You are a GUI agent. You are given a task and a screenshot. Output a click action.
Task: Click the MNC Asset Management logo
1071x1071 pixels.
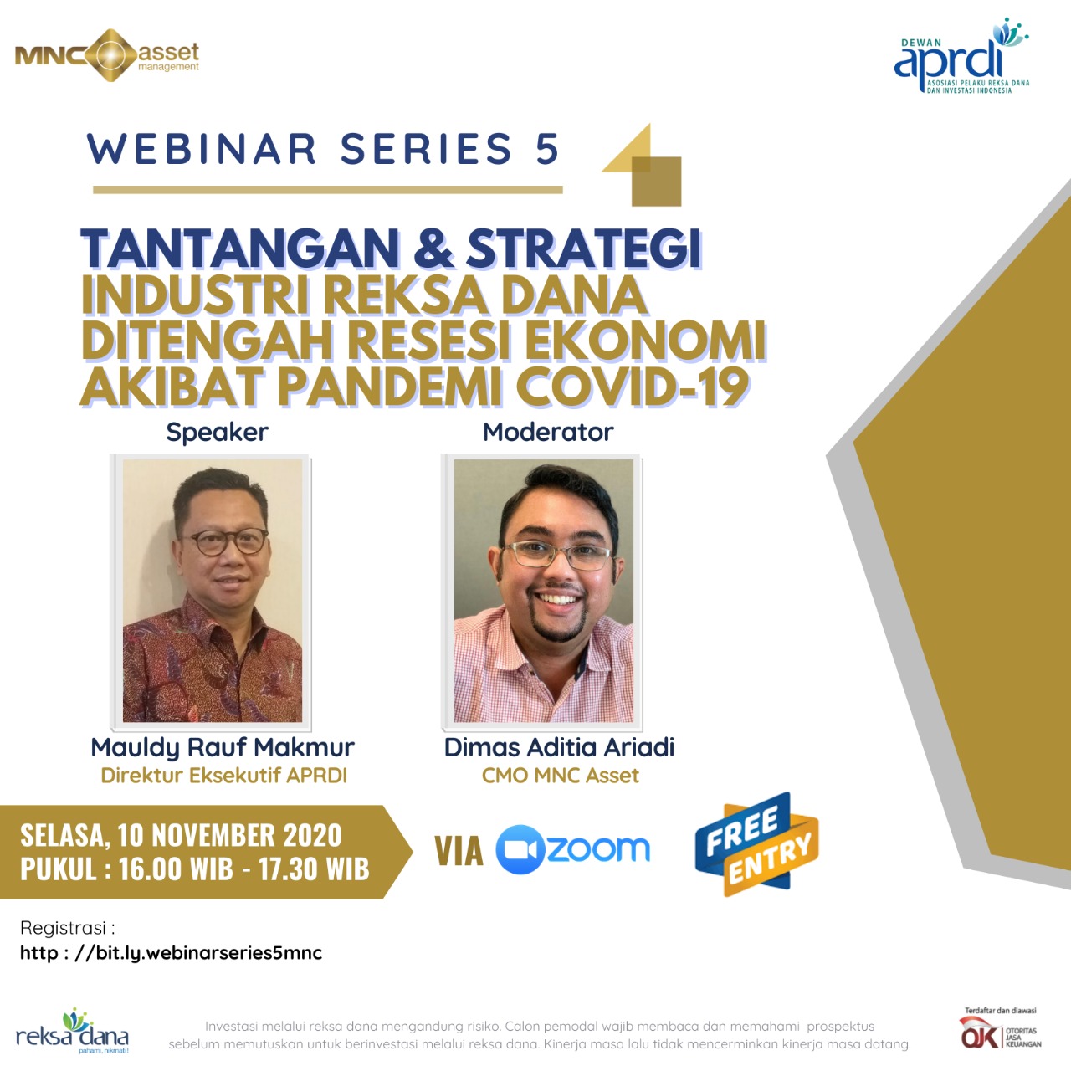point(107,55)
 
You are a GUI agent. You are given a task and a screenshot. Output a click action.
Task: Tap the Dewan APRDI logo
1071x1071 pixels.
point(961,55)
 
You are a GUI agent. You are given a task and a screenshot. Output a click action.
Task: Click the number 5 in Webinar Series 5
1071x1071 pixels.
point(548,149)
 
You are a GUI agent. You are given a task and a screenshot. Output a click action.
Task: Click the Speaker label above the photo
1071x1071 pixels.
point(218,433)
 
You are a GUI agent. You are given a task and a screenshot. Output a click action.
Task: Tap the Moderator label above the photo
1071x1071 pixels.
point(548,432)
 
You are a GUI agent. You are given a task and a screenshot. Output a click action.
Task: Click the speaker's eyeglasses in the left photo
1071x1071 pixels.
point(225,541)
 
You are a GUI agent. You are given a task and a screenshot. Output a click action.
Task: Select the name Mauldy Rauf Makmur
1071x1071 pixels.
point(223,747)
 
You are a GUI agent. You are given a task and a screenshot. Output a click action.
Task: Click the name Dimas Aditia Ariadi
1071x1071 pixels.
point(559,747)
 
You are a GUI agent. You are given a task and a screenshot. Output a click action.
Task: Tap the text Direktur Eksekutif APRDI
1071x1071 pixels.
point(224,776)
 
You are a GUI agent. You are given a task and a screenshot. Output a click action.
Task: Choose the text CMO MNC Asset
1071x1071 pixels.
point(561,776)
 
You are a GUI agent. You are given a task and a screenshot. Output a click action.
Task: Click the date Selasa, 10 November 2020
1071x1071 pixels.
point(182,835)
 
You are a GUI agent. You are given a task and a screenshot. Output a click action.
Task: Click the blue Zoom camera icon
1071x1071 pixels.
point(520,849)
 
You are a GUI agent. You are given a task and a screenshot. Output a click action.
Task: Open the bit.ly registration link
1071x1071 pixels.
point(172,953)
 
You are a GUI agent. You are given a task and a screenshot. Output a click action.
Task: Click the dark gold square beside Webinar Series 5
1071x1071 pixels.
point(657,182)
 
